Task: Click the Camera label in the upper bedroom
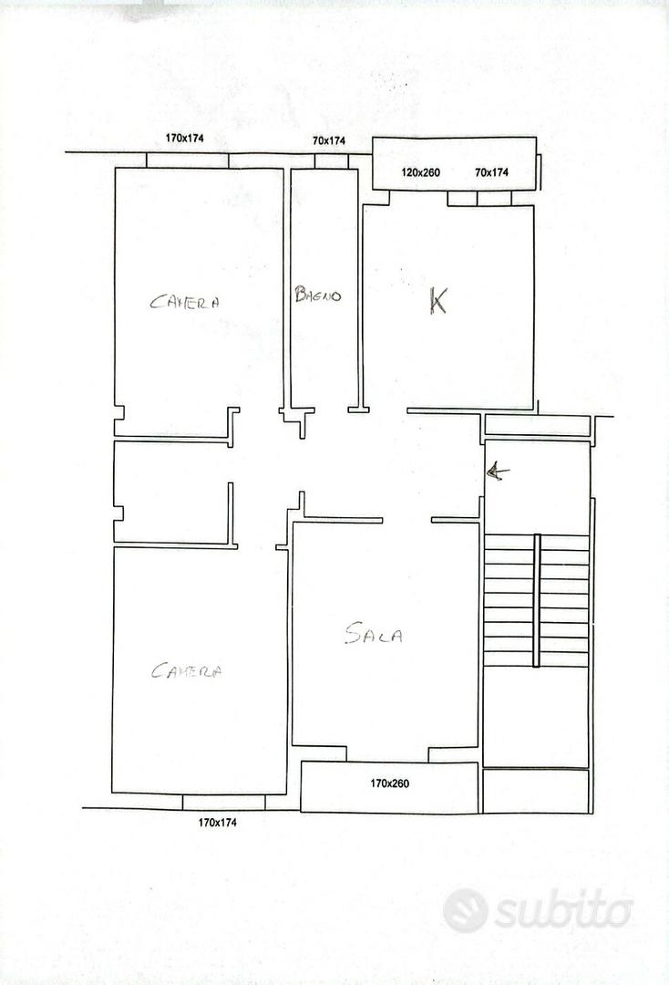(x=184, y=302)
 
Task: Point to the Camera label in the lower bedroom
(x=187, y=671)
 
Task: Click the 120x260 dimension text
(x=420, y=172)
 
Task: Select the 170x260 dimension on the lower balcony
(x=389, y=783)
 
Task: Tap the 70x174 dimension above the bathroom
(x=329, y=140)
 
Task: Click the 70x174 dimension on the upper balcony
(x=491, y=172)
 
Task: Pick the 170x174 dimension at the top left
(x=184, y=139)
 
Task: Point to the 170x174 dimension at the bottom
(x=217, y=823)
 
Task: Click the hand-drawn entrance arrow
(x=498, y=472)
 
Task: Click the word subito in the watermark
(x=563, y=909)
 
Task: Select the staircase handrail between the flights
(x=537, y=600)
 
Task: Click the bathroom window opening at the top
(x=332, y=161)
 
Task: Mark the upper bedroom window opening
(x=187, y=161)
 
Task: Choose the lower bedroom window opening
(x=223, y=802)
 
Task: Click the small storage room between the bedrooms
(x=171, y=492)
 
